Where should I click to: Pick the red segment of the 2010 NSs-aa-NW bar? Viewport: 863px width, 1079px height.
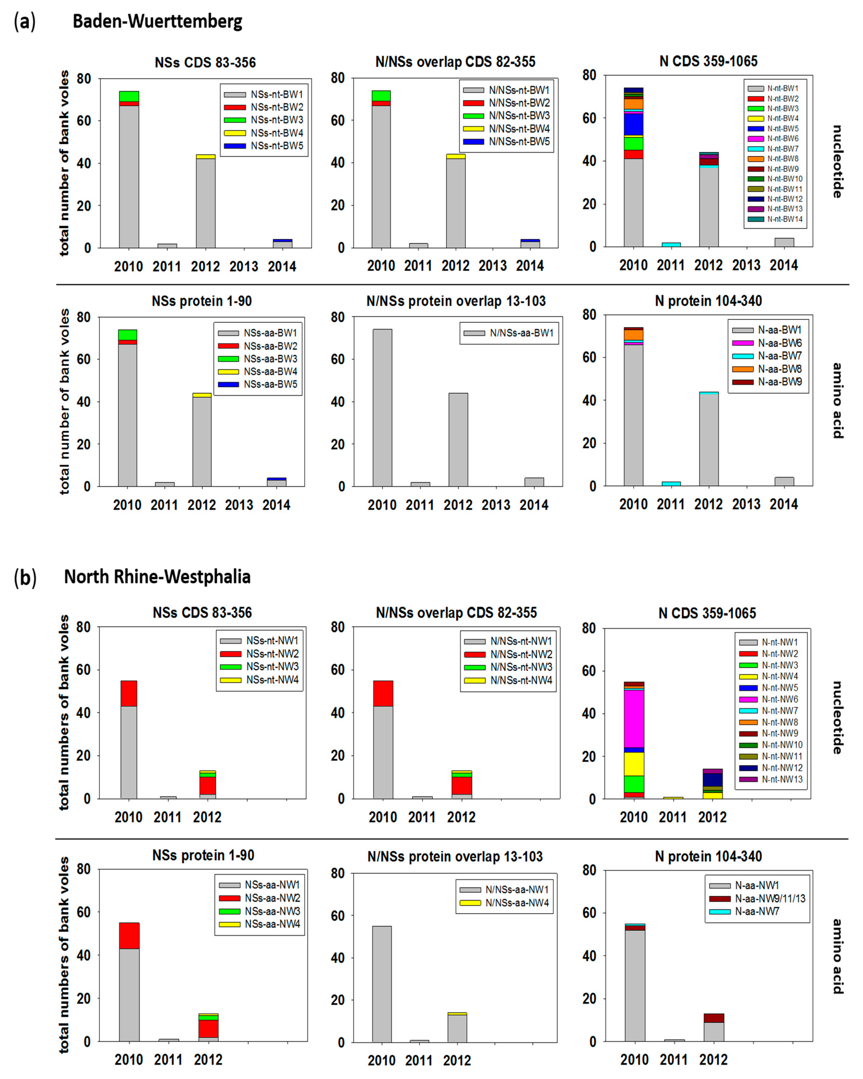(129, 936)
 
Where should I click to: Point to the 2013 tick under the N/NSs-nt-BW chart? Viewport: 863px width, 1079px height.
(492, 266)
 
